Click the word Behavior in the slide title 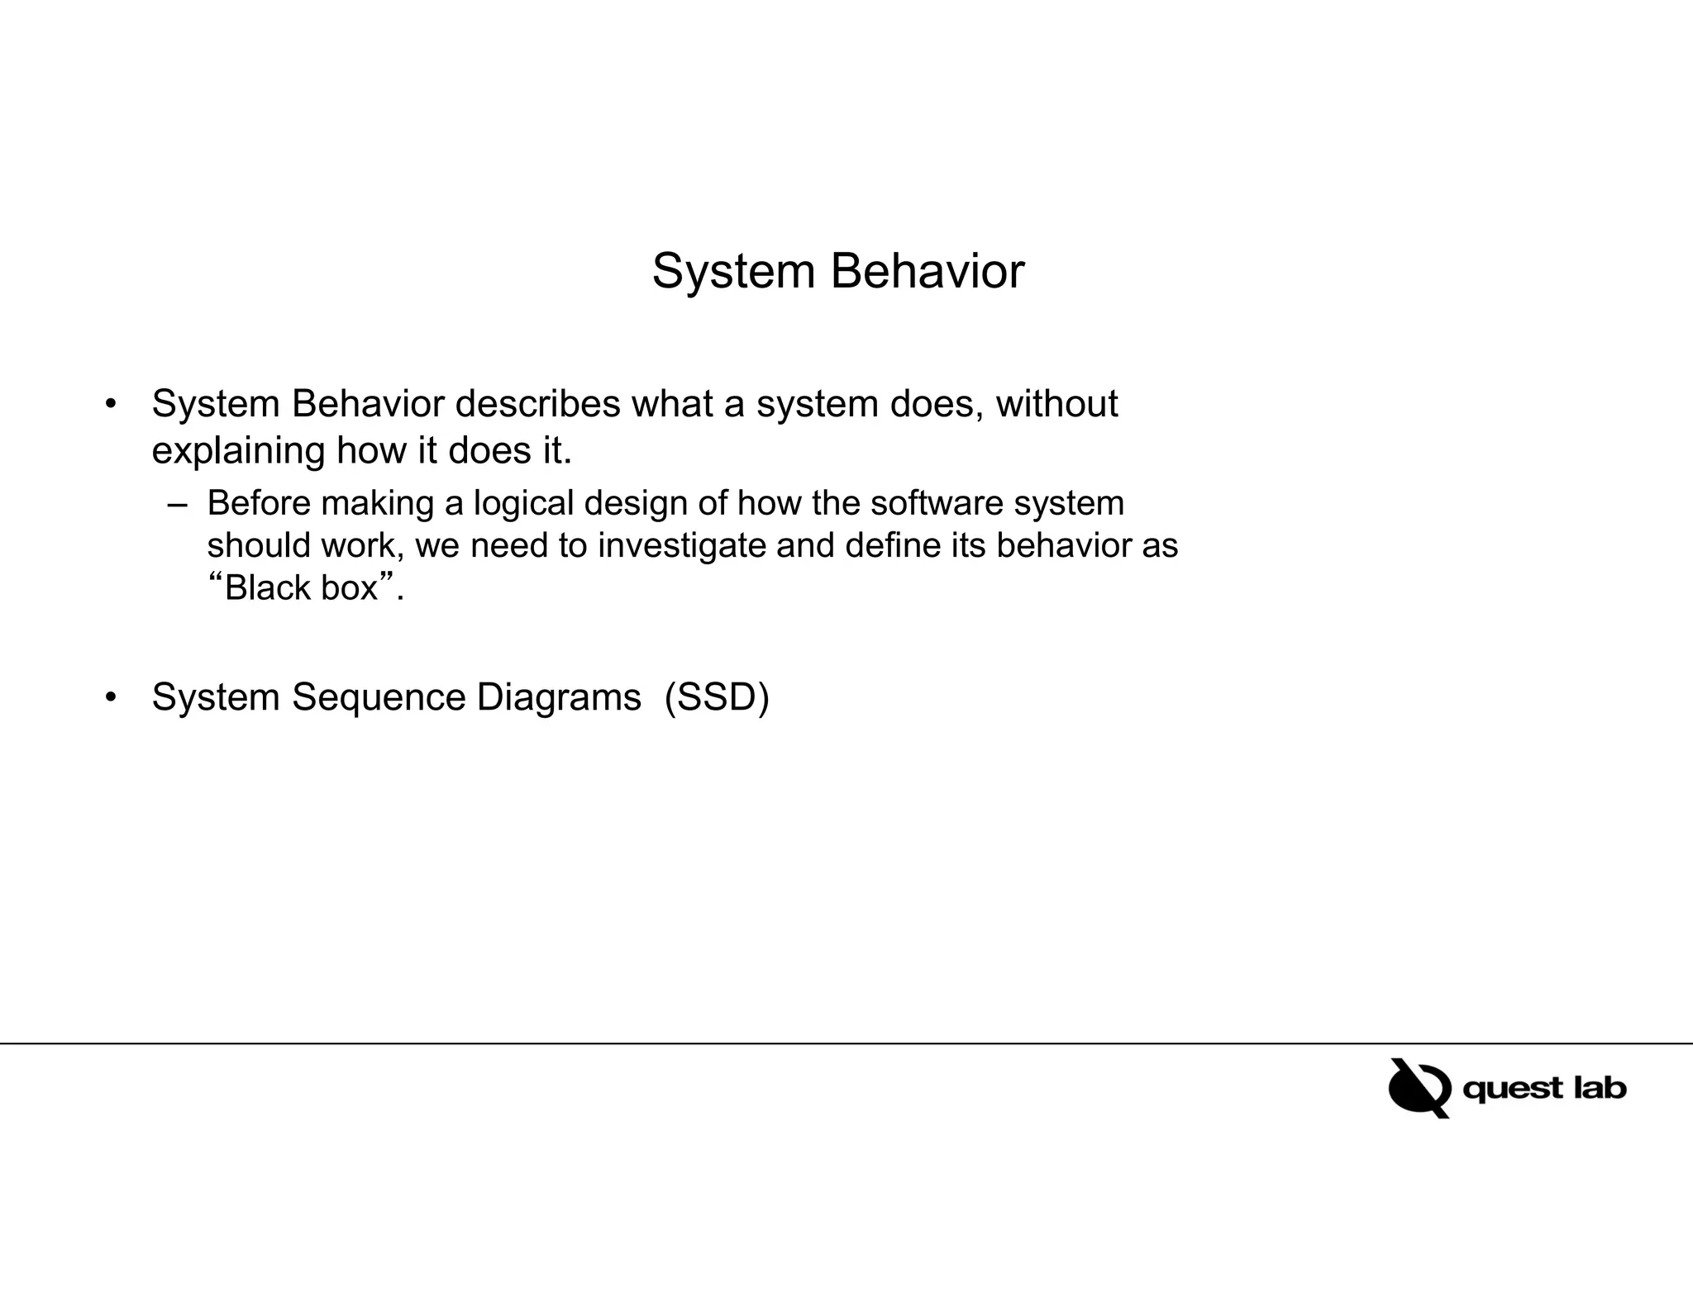click(927, 271)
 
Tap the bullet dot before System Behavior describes click(111, 405)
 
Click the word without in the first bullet click(1056, 404)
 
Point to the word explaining click(238, 451)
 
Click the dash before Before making click(177, 504)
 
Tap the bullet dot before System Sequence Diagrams click(111, 697)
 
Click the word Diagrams click(558, 697)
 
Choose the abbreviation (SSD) click(717, 697)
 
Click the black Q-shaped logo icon click(1419, 1088)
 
